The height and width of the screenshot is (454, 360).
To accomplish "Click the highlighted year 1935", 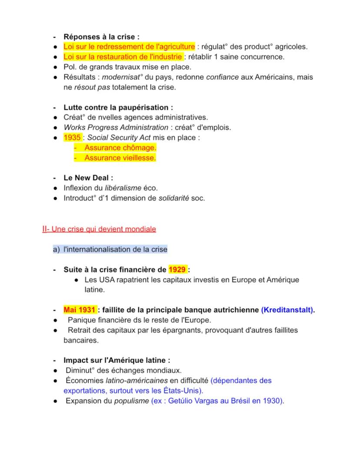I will [72, 138].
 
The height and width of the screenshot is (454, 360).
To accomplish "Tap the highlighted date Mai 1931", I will [79, 310].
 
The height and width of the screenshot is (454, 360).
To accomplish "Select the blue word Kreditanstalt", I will [288, 310].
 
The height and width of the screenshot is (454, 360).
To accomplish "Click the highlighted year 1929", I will [177, 269].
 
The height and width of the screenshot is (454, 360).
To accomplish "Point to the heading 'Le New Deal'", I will [88, 178].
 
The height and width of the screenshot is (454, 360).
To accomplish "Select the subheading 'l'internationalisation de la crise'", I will [115, 249].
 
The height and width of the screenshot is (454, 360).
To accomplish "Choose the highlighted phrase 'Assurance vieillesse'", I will [120, 158].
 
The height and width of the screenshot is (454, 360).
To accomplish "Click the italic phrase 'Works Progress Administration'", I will [116, 127].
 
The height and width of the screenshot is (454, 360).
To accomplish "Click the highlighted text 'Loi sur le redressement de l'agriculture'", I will [129, 46].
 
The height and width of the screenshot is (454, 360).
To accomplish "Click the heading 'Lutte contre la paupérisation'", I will [117, 107].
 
